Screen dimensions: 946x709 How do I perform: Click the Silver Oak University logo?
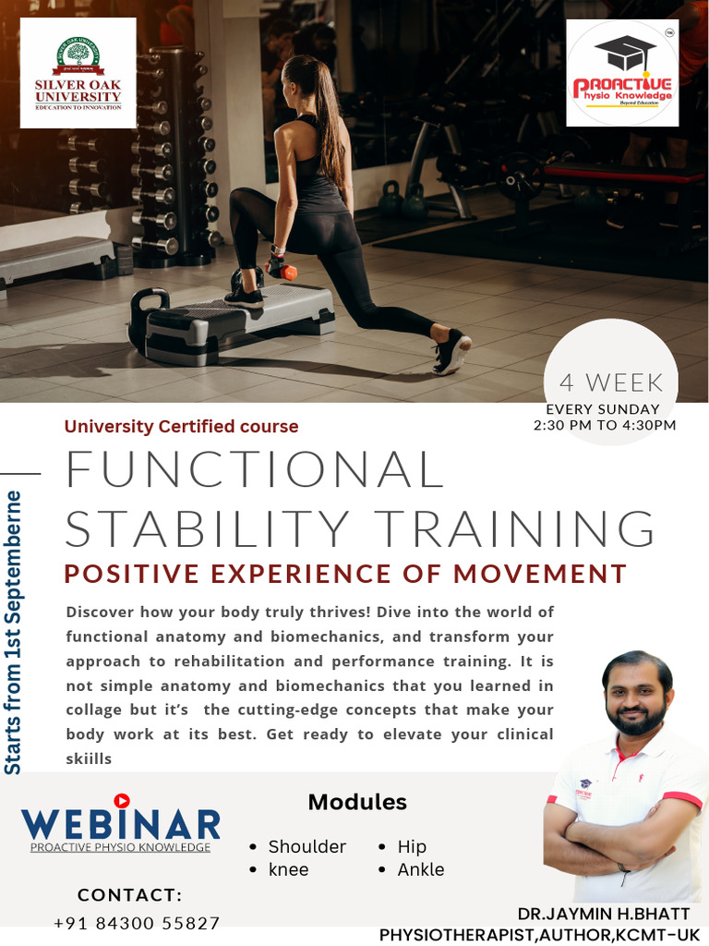click(78, 72)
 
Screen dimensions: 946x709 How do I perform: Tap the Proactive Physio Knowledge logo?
click(622, 74)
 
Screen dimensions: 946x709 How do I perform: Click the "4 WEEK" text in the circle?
click(611, 382)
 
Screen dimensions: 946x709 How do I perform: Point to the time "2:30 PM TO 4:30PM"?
click(605, 425)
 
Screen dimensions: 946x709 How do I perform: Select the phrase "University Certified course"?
click(181, 427)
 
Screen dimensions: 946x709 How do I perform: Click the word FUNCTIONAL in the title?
click(255, 469)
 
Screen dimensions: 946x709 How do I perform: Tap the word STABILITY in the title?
click(208, 528)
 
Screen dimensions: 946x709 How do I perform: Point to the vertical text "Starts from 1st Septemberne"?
click(13, 633)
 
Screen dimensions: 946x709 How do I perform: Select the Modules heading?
click(357, 802)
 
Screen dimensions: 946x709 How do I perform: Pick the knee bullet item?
click(288, 869)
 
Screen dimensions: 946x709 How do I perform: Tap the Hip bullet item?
click(412, 846)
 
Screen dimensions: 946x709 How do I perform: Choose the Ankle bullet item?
click(420, 869)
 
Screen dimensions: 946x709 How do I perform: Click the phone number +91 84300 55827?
click(137, 923)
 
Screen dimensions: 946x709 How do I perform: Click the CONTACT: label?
click(129, 895)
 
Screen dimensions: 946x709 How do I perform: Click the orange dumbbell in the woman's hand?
click(283, 271)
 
